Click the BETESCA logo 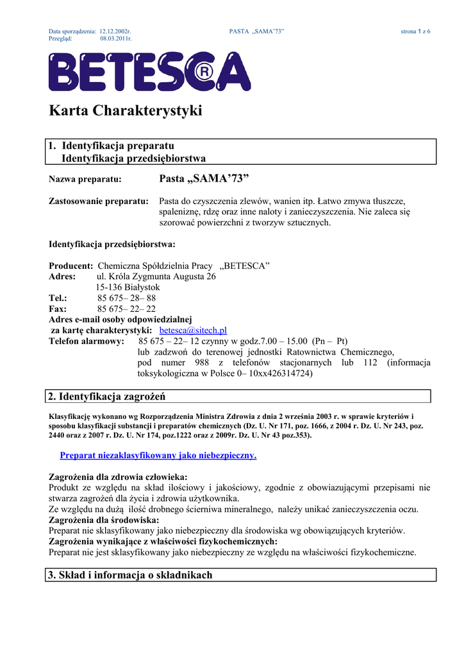coord(150,72)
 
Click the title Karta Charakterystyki coord(126,111)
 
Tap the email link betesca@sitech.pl coord(193,330)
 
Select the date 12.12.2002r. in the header coord(115,31)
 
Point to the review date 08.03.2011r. coord(116,38)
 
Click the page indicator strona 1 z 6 coord(415,31)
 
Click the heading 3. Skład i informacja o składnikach coord(130,575)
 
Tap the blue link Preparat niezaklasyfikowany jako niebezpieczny coord(158,455)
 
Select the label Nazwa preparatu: coord(85,180)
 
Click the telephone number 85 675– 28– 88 coord(126,298)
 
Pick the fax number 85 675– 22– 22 coord(126,309)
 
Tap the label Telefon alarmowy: coord(87,341)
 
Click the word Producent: coord(71,266)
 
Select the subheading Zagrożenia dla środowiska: coord(104,520)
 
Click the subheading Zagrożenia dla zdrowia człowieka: coord(118,477)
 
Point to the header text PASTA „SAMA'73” coord(256,31)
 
